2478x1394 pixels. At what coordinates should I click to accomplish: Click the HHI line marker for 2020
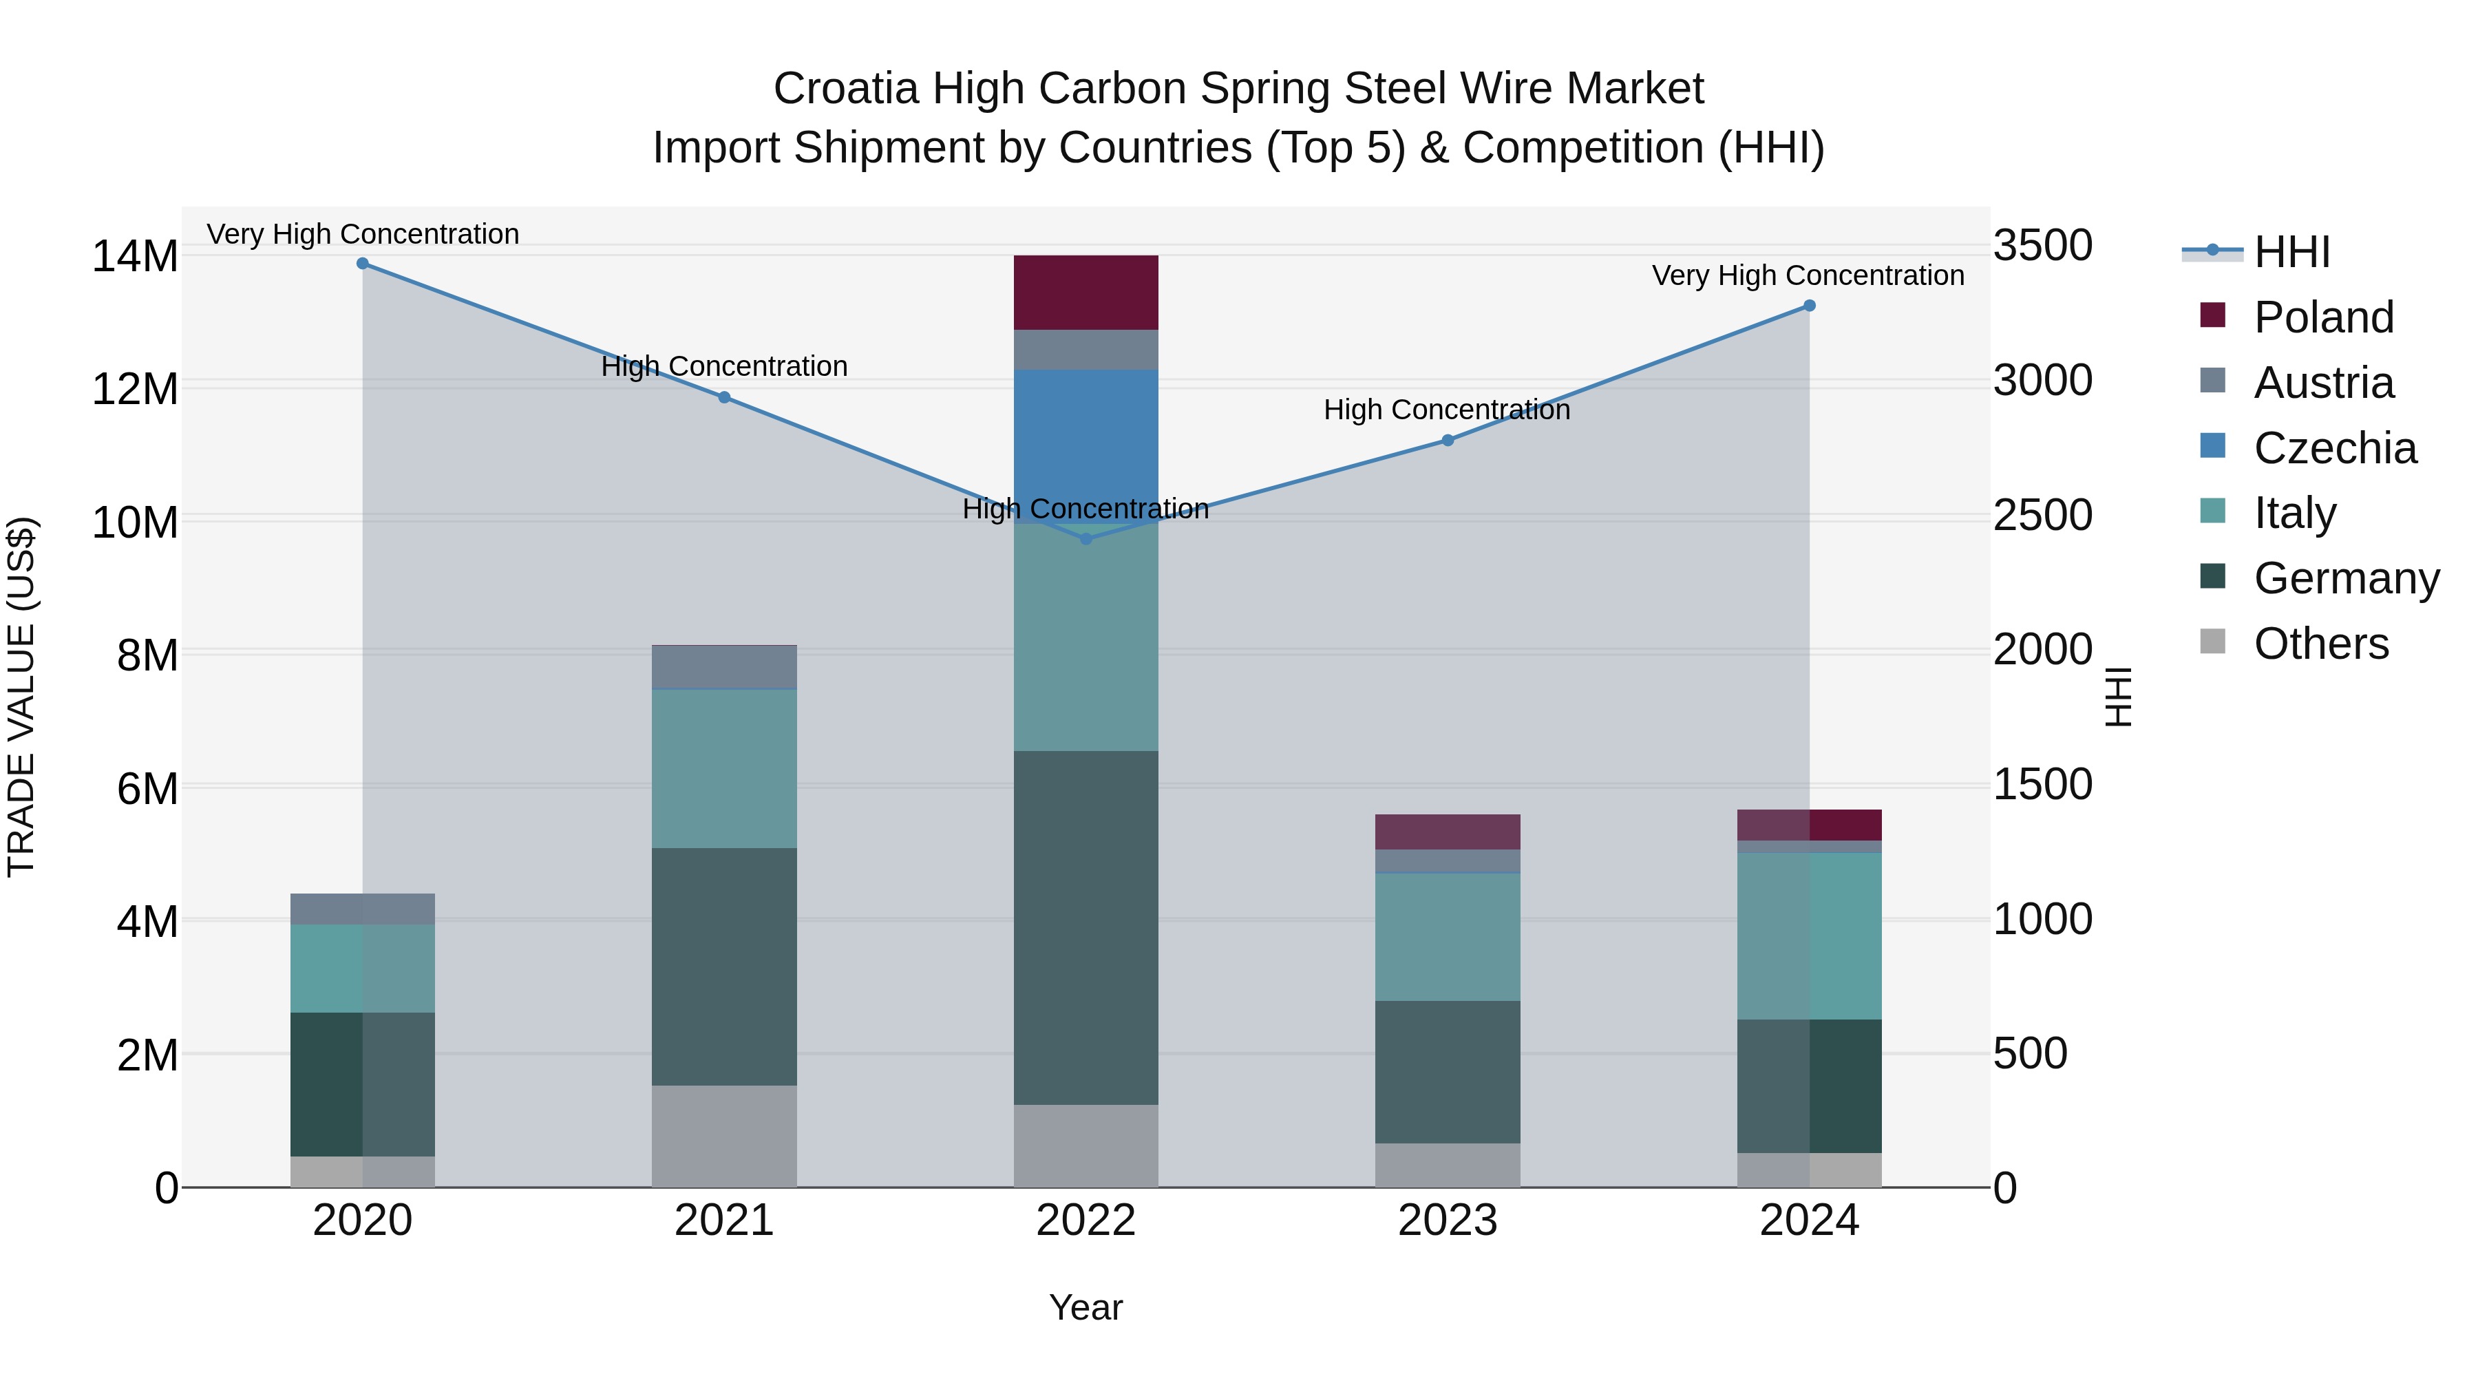click(x=363, y=264)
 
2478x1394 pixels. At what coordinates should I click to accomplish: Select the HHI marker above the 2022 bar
click(x=1086, y=539)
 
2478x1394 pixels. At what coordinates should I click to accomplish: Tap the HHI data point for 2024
click(x=1808, y=306)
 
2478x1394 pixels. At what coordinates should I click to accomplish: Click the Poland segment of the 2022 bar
click(x=1086, y=293)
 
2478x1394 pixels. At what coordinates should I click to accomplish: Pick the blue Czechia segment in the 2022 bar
click(x=1086, y=433)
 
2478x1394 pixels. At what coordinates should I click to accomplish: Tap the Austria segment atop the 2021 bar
click(x=724, y=666)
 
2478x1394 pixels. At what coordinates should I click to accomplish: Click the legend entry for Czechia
click(x=2333, y=448)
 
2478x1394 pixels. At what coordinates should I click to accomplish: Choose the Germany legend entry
click(x=2345, y=578)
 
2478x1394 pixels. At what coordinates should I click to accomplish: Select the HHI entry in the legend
click(x=2291, y=252)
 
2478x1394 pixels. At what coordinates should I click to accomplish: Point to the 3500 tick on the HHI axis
click(x=2042, y=245)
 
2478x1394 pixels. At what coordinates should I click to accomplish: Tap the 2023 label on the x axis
click(x=1447, y=1221)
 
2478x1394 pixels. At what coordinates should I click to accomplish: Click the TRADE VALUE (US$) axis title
click(x=21, y=697)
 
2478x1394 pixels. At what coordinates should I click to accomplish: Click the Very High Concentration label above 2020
click(x=363, y=234)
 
